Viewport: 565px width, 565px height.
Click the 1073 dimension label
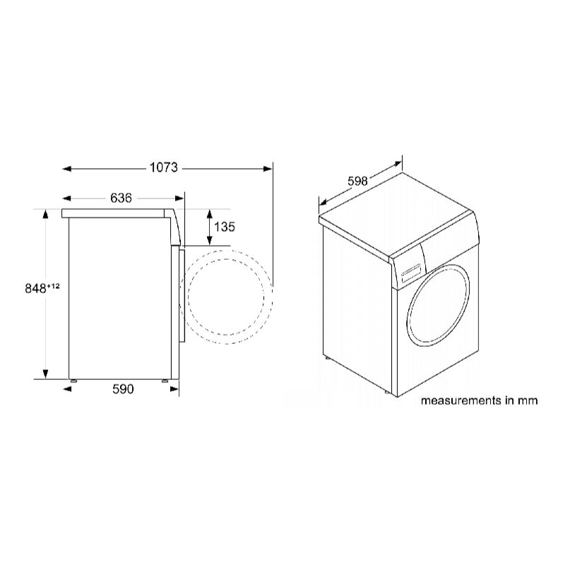(x=164, y=167)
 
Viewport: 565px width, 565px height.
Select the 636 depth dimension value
(x=121, y=198)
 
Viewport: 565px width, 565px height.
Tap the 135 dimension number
(x=225, y=227)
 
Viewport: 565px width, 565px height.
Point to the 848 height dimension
(x=36, y=289)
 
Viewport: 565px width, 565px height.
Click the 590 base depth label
(x=123, y=389)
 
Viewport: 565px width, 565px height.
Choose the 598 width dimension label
(x=357, y=181)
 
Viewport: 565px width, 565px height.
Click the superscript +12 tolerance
(x=53, y=286)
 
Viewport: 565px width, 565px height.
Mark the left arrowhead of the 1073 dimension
(x=66, y=169)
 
